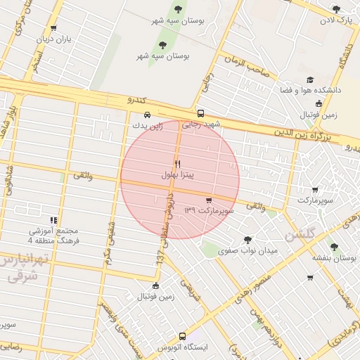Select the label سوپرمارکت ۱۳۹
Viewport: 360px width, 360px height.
(x=208, y=210)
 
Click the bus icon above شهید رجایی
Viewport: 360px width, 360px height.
(x=201, y=114)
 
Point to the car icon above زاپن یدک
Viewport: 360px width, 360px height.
(x=146, y=115)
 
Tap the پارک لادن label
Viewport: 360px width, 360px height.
(x=336, y=20)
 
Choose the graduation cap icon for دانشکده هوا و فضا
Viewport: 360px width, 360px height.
(x=310, y=81)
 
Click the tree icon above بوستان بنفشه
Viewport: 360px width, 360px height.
(x=334, y=247)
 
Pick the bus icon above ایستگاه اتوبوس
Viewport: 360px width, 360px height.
(x=183, y=337)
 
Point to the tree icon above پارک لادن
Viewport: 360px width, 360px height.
(x=336, y=9)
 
